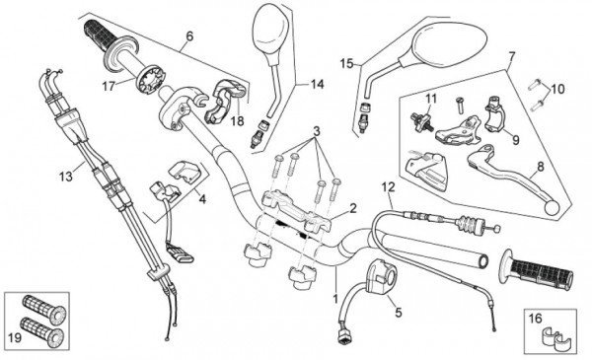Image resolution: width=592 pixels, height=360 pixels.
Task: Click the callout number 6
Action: tap(189, 36)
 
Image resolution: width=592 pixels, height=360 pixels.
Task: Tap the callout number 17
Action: tap(109, 87)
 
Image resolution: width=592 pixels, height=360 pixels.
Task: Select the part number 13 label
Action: tap(66, 177)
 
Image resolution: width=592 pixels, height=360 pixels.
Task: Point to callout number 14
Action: tap(317, 85)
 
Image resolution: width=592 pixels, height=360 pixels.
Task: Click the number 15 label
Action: tap(346, 63)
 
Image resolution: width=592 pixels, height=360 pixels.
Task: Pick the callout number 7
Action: tap(511, 57)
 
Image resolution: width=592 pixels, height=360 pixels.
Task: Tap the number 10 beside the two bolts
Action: tap(557, 90)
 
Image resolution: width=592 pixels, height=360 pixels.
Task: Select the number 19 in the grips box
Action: tap(15, 337)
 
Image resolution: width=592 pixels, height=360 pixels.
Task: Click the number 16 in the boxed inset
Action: tap(535, 319)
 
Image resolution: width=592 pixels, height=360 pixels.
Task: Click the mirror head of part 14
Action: tap(270, 29)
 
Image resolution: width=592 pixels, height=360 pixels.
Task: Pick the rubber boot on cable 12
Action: tap(470, 225)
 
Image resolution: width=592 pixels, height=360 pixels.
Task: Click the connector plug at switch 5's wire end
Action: tap(344, 336)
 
